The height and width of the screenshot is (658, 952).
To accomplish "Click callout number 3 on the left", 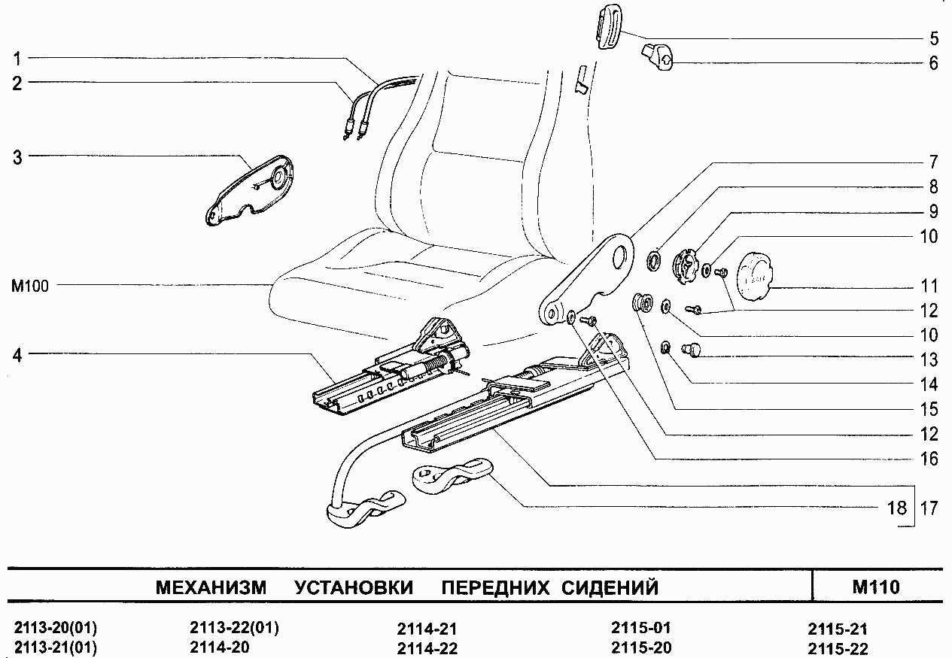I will click(17, 158).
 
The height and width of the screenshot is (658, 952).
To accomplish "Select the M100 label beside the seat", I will click(29, 286).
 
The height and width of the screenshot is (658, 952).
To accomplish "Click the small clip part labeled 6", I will click(657, 58).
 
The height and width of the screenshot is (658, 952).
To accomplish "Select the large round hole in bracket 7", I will click(621, 255).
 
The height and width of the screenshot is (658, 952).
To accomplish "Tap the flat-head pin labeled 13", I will click(690, 349).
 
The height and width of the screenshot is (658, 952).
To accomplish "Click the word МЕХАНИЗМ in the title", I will click(211, 587).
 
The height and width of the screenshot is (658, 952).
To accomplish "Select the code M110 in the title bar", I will click(875, 587).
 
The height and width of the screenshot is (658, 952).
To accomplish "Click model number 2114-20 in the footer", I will click(219, 647).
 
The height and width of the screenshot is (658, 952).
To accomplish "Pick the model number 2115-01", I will click(640, 628).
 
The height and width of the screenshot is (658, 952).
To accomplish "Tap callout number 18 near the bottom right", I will click(896, 508).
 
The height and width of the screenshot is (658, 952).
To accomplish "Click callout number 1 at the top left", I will click(17, 58).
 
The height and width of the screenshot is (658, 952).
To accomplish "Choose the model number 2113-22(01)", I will click(234, 628).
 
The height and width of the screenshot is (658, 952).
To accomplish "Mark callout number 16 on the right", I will click(929, 459).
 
